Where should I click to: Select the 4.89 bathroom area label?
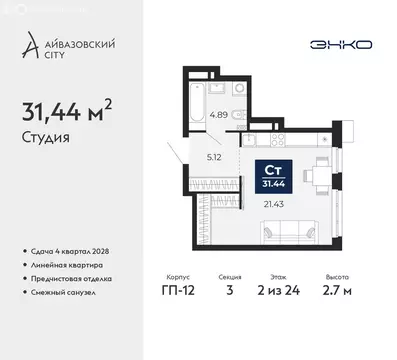pyautogui.click(x=217, y=115)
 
